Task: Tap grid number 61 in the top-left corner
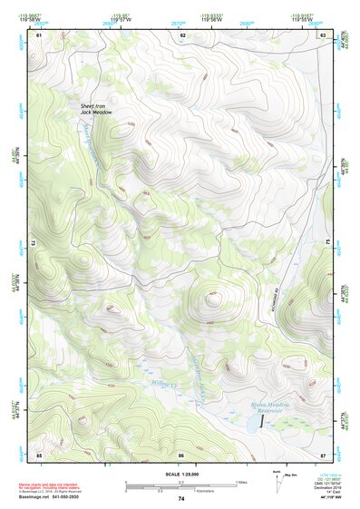click(39, 34)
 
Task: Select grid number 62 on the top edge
click(182, 34)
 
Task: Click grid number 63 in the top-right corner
click(323, 34)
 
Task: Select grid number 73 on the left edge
click(34, 243)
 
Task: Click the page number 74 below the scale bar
click(181, 499)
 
